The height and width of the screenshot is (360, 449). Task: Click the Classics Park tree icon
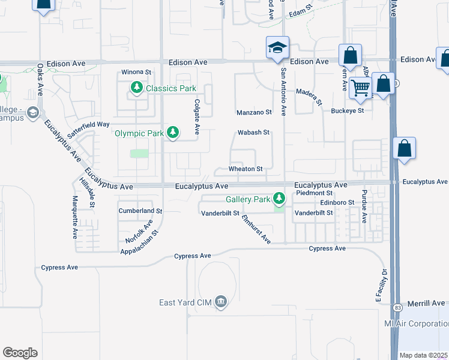(x=137, y=89)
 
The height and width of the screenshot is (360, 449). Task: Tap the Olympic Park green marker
(x=173, y=132)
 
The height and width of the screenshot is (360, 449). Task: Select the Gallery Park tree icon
(x=279, y=198)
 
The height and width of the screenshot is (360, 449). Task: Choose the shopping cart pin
(x=360, y=88)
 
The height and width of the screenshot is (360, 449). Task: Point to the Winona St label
(x=136, y=72)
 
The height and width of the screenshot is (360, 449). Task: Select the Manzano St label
(x=254, y=112)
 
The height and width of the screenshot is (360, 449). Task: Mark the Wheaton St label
(x=246, y=169)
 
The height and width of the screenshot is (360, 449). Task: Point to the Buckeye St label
(x=348, y=111)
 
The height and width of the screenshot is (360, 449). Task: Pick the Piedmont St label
(x=314, y=193)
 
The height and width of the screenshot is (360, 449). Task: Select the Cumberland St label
(x=140, y=211)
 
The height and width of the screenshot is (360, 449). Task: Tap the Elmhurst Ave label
(x=256, y=229)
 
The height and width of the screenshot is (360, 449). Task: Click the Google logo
(x=20, y=353)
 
